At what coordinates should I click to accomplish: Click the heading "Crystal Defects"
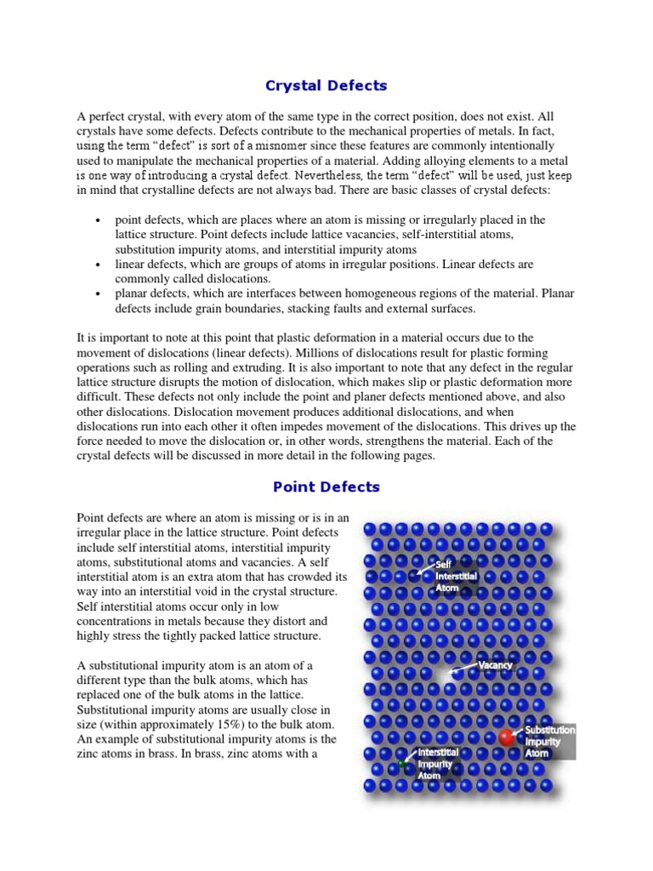[x=326, y=85]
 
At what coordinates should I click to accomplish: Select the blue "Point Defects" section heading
[x=326, y=487]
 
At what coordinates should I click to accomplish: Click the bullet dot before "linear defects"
[x=101, y=265]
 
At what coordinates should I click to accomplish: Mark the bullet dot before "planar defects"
[x=101, y=293]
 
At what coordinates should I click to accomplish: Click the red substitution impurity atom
[x=507, y=737]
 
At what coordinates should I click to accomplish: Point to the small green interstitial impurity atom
[x=401, y=764]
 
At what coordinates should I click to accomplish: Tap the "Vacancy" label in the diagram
[x=495, y=665]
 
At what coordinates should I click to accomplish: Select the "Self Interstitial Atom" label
[x=457, y=576]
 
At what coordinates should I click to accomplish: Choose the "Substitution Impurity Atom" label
[x=548, y=741]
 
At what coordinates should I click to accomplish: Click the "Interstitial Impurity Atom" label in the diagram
[x=437, y=764]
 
